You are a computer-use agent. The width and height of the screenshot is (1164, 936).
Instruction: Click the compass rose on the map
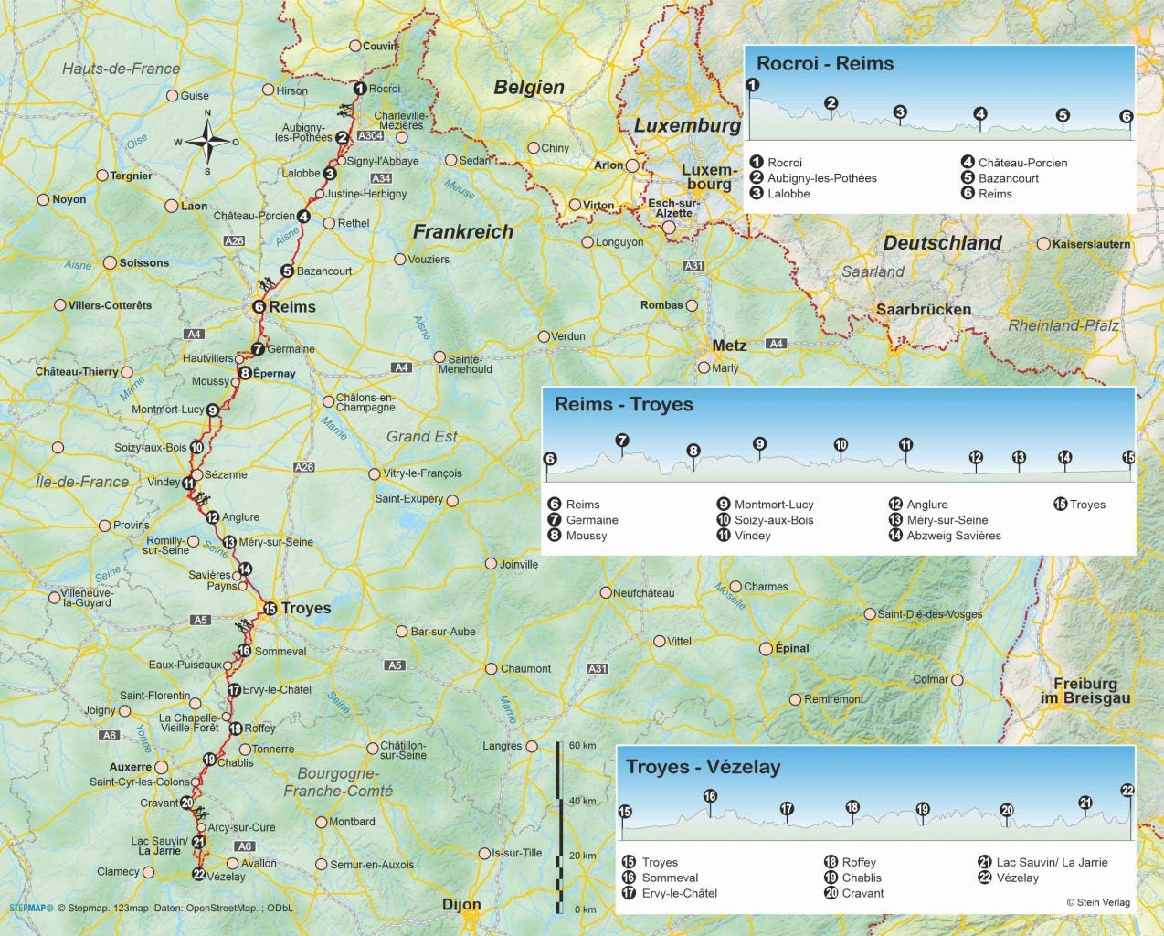tap(207, 143)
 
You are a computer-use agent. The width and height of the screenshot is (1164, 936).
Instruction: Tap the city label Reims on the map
tap(291, 307)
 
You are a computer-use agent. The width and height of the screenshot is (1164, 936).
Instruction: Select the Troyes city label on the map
tap(305, 608)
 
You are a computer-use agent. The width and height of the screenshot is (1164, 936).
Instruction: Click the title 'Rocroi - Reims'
tap(824, 64)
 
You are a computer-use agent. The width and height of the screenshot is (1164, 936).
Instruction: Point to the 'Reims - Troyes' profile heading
tap(623, 405)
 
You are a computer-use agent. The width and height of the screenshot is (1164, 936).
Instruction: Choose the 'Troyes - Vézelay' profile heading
tap(702, 767)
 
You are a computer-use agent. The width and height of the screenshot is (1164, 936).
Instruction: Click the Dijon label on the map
tap(461, 904)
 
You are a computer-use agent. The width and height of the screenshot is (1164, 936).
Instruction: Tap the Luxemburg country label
tap(687, 125)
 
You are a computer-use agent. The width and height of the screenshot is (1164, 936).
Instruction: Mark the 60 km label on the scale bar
tap(582, 746)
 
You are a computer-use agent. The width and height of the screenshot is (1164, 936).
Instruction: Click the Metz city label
tap(729, 346)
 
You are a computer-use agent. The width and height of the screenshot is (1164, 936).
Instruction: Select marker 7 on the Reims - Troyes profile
tap(622, 441)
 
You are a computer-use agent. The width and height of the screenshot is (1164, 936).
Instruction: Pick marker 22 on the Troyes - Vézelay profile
tap(1127, 791)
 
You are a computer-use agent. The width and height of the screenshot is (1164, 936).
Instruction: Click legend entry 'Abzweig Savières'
tap(953, 536)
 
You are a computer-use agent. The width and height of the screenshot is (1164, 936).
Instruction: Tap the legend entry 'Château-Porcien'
tap(1021, 163)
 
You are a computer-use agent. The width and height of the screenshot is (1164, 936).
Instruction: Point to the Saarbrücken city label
tap(923, 309)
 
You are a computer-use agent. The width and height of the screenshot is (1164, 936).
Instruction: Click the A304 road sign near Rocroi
tap(370, 136)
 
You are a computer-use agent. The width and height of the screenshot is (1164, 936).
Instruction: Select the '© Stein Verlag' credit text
tap(1097, 902)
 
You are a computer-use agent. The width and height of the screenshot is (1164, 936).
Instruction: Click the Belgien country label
tap(529, 88)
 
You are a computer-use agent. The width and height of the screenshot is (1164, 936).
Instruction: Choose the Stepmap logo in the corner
tap(31, 909)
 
